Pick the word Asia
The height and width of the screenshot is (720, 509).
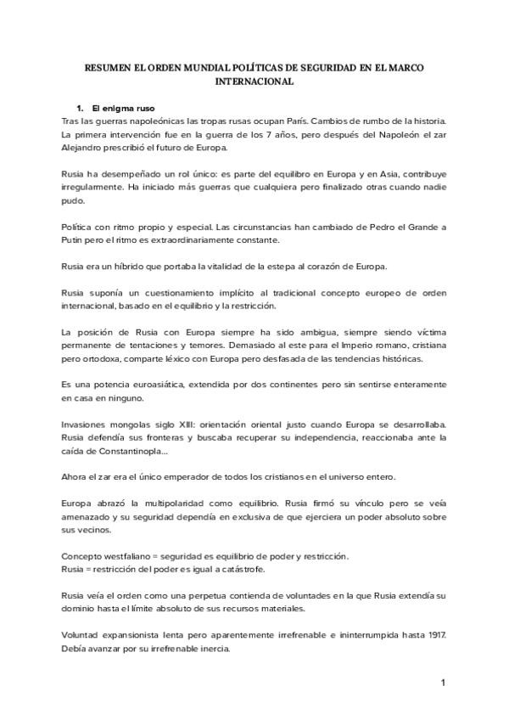pyautogui.click(x=351, y=174)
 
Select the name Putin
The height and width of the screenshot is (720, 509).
pyautogui.click(x=73, y=241)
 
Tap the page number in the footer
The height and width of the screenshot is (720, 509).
pyautogui.click(x=443, y=682)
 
